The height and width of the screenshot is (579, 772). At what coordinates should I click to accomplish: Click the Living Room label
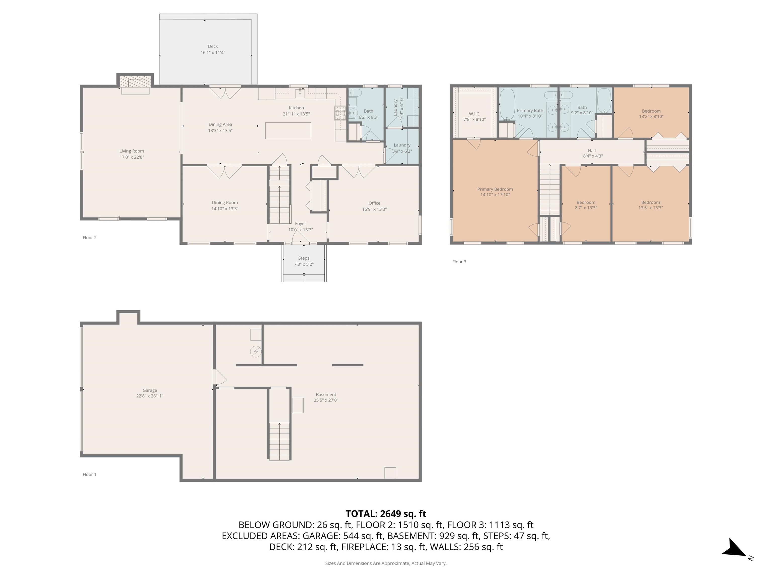[x=132, y=151]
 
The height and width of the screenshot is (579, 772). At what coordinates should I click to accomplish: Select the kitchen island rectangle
[x=288, y=130]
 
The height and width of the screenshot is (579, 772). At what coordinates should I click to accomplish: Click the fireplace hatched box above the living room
[x=135, y=82]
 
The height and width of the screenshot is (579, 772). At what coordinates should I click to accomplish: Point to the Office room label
[x=374, y=203]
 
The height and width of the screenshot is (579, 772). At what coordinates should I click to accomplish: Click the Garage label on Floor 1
[x=150, y=390]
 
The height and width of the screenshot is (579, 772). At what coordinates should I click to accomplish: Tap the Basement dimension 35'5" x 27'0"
[x=326, y=400]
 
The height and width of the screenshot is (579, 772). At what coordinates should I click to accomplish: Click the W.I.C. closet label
[x=475, y=114]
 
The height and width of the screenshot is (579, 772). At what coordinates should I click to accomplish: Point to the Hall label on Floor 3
[x=592, y=151]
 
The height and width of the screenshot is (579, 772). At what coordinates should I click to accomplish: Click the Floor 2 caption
[x=90, y=238]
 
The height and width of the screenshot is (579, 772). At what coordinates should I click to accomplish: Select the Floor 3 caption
[x=459, y=262]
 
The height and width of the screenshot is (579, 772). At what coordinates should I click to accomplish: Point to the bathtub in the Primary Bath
[x=507, y=104]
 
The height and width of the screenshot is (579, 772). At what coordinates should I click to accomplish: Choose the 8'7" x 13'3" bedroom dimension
[x=586, y=208]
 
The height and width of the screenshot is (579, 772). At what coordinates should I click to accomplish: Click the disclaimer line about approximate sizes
[x=386, y=563]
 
